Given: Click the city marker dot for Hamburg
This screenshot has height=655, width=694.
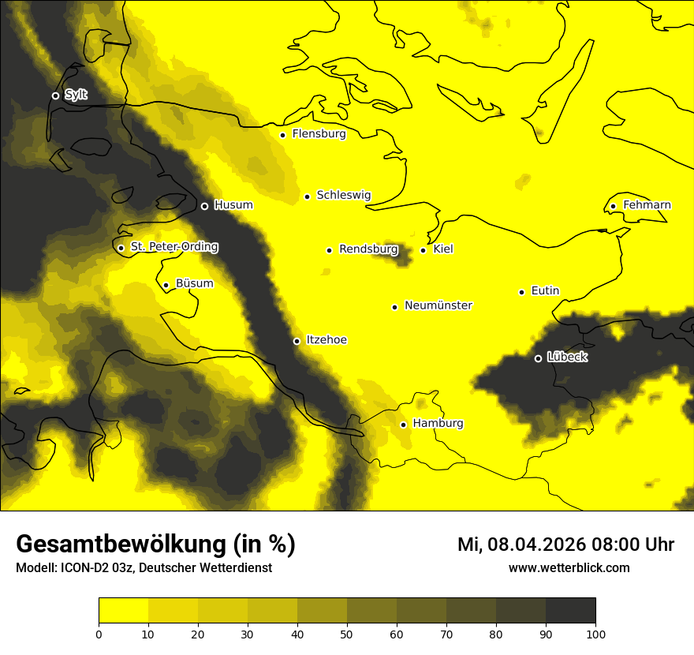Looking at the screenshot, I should click(x=403, y=425).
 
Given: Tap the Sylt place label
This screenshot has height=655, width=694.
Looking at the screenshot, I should click(x=76, y=95).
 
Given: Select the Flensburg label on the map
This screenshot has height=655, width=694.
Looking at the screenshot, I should click(x=319, y=134).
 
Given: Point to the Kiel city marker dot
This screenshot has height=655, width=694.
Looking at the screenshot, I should click(x=423, y=250).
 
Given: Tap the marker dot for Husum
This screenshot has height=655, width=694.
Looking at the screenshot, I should click(x=204, y=206).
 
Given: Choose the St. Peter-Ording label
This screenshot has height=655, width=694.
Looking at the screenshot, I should click(x=174, y=247).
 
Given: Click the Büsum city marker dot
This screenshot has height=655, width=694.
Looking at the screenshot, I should click(x=166, y=286).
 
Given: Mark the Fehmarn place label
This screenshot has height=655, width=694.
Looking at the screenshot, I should click(x=647, y=205).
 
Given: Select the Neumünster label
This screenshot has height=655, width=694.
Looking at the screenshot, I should click(x=438, y=305).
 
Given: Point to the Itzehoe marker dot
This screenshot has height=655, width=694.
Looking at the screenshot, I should click(x=297, y=341).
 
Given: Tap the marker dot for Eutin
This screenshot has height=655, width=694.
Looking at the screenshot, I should click(x=521, y=292).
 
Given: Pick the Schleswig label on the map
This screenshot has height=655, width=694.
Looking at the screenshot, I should click(x=343, y=195).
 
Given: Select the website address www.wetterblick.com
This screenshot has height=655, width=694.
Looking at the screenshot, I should click(x=569, y=568).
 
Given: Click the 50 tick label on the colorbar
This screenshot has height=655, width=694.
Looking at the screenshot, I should click(x=347, y=634).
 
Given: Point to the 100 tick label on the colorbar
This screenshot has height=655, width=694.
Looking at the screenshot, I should click(x=595, y=634).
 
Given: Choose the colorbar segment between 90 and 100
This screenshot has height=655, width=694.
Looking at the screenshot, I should click(x=570, y=611).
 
